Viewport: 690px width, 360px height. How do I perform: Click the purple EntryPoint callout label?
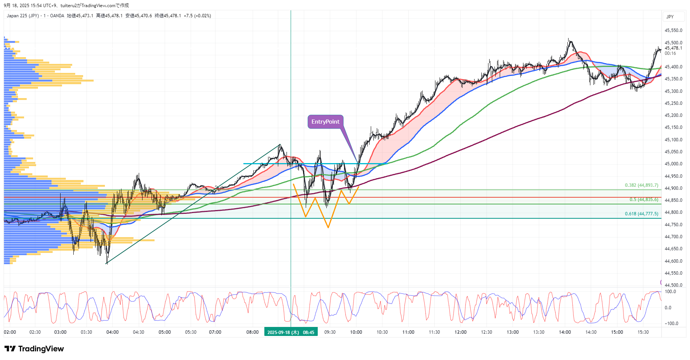(x=325, y=122)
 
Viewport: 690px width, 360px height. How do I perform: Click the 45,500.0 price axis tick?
(x=673, y=43)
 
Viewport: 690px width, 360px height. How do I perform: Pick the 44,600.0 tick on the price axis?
(x=673, y=261)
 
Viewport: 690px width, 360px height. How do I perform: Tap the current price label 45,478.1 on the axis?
(x=673, y=48)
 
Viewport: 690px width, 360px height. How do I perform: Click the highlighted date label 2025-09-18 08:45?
(x=291, y=332)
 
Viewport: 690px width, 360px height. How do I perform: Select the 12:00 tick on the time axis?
(x=460, y=332)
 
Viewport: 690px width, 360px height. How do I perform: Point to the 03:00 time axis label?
(x=60, y=332)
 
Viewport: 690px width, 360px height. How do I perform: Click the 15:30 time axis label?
(x=643, y=332)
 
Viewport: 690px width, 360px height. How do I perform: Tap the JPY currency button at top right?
(x=670, y=17)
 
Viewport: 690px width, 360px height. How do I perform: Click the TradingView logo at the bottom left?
(x=34, y=349)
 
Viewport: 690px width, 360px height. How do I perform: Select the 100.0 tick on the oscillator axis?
(x=670, y=292)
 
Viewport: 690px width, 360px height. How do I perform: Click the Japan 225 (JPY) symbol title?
(x=23, y=16)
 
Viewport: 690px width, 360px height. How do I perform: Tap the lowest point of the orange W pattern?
(x=328, y=227)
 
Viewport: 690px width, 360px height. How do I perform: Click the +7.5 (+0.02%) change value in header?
(x=197, y=16)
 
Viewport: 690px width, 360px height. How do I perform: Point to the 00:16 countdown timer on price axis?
(x=670, y=53)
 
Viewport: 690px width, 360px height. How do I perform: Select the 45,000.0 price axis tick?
(x=673, y=164)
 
